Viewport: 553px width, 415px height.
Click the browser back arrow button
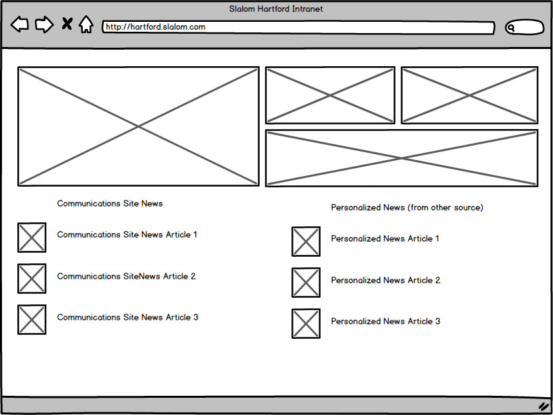pyautogui.click(x=20, y=25)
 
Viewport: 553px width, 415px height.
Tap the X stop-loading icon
pyautogui.click(x=67, y=24)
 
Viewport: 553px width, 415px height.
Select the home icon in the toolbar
pyautogui.click(x=86, y=25)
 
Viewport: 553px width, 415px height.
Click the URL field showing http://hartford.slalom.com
pyautogui.click(x=298, y=28)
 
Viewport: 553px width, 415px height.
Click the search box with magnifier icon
pyautogui.click(x=525, y=28)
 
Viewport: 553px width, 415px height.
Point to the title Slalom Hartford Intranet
pyautogui.click(x=276, y=9)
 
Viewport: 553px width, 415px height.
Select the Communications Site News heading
pyautogui.click(x=110, y=204)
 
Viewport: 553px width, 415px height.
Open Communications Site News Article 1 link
pyautogui.click(x=127, y=235)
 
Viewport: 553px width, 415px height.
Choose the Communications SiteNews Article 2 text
pyautogui.click(x=126, y=277)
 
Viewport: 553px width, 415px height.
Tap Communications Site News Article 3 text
pyautogui.click(x=128, y=318)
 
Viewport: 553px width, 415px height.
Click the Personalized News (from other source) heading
pyautogui.click(x=407, y=208)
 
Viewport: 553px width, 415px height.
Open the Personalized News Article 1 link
pyautogui.click(x=385, y=239)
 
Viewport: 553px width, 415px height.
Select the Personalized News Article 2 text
pyautogui.click(x=385, y=281)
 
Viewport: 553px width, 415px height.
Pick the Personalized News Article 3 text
pyautogui.click(x=385, y=322)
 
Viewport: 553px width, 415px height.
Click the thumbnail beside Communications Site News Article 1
pyautogui.click(x=32, y=238)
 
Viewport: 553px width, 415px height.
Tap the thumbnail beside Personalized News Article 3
pyautogui.click(x=306, y=324)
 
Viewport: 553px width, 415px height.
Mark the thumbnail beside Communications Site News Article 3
pyautogui.click(x=32, y=320)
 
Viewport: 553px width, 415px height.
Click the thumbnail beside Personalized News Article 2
pyautogui.click(x=306, y=283)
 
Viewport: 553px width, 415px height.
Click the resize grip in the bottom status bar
pyautogui.click(x=543, y=406)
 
